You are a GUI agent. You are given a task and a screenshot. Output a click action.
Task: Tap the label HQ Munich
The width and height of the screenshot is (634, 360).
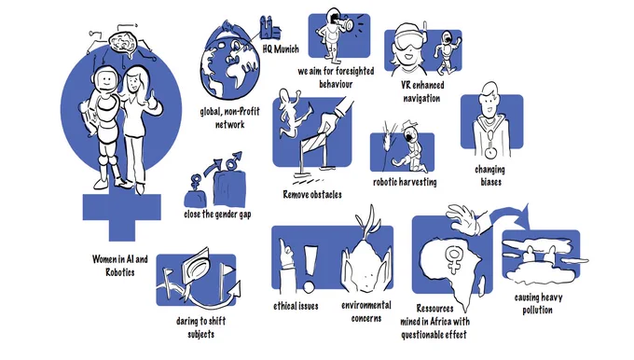pos(281,49)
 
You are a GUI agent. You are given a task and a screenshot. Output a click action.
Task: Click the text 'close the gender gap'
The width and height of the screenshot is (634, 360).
pos(217,214)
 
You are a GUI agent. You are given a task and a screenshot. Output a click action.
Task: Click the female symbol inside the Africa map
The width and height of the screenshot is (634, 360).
pos(454,259)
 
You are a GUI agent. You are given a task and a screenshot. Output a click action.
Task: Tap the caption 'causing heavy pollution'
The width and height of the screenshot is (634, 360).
pos(538,304)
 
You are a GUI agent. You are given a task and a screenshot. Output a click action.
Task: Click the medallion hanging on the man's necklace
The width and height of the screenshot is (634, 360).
pos(490,153)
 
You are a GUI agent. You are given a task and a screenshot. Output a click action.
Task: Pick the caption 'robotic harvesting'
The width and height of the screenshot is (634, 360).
pos(405,183)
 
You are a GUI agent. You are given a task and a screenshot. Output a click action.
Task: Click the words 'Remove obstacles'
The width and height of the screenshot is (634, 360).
pos(312,195)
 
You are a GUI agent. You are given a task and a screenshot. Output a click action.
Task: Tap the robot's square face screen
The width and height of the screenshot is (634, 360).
pos(105,79)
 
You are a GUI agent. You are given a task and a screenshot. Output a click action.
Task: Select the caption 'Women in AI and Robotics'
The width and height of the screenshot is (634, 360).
pos(119,266)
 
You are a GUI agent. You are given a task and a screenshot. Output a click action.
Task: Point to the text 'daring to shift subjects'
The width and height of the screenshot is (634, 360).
pos(201,327)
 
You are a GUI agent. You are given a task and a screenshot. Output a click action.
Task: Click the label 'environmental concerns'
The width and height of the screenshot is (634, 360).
pos(366,312)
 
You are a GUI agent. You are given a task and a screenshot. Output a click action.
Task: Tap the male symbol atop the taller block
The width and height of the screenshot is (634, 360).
pos(234,159)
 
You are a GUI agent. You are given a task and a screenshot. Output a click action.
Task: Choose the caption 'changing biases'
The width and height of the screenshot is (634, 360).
pos(490,175)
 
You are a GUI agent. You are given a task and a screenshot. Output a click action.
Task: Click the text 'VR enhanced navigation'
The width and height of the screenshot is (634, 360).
pos(422,91)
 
